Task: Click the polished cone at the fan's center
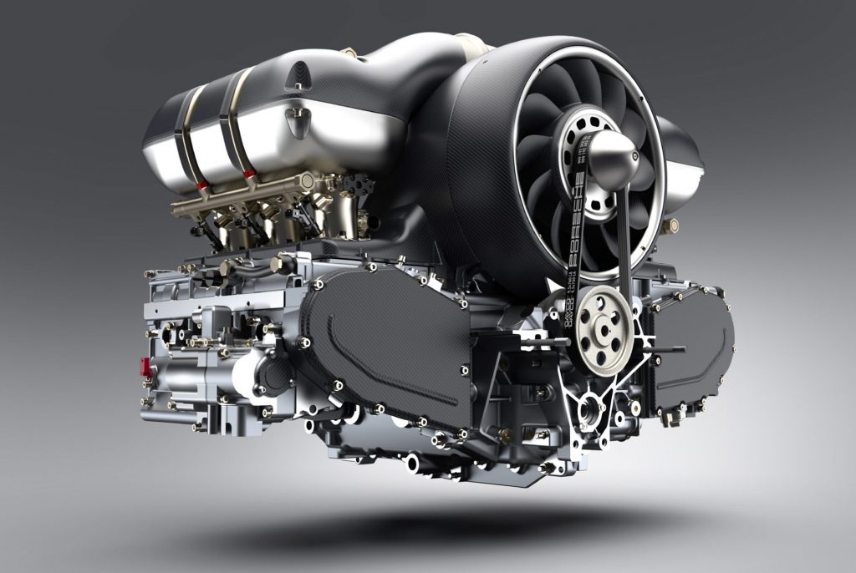pos(614,160)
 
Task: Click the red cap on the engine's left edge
pos(145,366)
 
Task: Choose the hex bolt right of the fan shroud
pos(669,226)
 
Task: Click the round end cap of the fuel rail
pos(308,180)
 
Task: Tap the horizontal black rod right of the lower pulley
pos(665,349)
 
